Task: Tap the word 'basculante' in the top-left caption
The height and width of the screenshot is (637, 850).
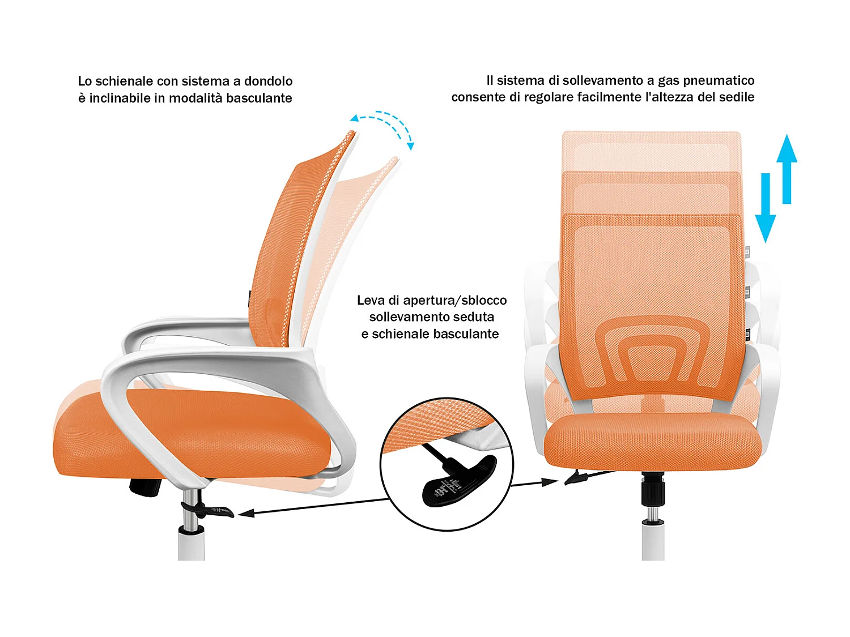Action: point(259,98)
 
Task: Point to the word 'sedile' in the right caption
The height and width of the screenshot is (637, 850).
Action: point(737,97)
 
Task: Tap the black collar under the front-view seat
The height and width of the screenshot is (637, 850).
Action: point(653,490)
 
